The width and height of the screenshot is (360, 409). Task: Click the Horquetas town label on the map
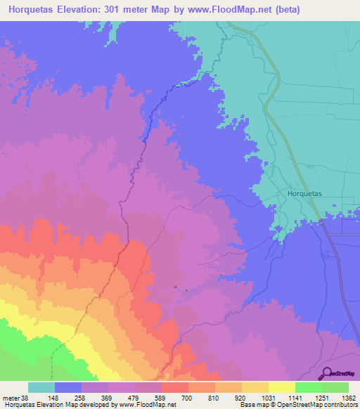point(304,192)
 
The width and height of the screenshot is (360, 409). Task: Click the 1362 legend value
point(350,398)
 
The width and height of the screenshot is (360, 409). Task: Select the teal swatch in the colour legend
point(41,387)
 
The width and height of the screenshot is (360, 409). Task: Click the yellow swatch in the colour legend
point(281,387)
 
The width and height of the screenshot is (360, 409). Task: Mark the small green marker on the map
point(186,290)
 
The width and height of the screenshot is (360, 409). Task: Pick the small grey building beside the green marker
point(176,287)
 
